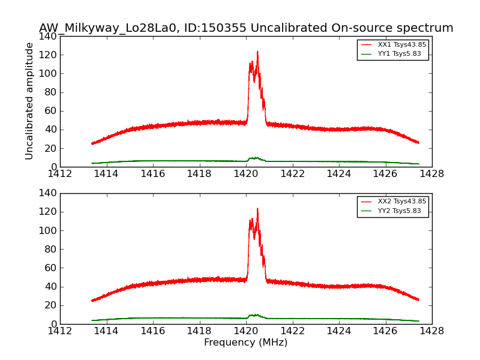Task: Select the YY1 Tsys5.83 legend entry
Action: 399,54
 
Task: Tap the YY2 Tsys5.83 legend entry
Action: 399,211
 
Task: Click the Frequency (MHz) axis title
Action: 245,343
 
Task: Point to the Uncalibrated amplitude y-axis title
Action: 29,101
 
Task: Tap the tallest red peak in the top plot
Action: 257,52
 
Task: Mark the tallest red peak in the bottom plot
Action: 257,209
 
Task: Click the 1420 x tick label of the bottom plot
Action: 245,331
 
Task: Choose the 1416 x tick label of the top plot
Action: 153,174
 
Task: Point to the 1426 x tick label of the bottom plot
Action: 385,331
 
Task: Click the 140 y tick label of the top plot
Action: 49,36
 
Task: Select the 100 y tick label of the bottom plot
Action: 49,230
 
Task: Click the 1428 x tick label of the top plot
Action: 431,174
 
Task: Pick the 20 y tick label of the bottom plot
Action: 52,305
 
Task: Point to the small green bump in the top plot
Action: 256,158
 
